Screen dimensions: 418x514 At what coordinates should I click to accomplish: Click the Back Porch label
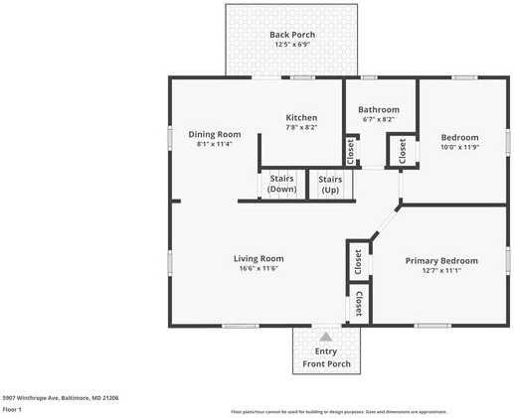(292, 35)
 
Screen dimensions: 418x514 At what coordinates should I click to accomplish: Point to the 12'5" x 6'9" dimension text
(292, 45)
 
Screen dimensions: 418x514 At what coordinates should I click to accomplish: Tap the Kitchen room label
(301, 117)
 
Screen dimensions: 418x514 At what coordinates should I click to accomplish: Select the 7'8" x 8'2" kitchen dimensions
(301, 127)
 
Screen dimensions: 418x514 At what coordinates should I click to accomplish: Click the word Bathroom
(378, 109)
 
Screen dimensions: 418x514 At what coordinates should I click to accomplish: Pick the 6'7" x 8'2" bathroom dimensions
(378, 119)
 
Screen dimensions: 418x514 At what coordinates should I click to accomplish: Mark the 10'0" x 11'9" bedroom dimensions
(459, 147)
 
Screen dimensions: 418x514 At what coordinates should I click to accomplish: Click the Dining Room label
(215, 134)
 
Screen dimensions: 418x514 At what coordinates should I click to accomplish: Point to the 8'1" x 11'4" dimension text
(215, 144)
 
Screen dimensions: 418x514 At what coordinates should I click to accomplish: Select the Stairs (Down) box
(282, 184)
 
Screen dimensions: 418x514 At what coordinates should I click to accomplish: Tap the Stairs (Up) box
(330, 184)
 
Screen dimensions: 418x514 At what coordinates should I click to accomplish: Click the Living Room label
(257, 258)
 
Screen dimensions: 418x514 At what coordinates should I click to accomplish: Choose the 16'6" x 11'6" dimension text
(257, 268)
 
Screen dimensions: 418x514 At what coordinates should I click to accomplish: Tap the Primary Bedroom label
(440, 260)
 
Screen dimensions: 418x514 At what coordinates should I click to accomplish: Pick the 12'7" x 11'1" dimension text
(440, 270)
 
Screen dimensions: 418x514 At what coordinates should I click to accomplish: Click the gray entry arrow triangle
(325, 338)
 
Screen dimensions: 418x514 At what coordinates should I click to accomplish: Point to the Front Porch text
(326, 364)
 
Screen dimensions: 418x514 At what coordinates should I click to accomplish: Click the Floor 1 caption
(12, 409)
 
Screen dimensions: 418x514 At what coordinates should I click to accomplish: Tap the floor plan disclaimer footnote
(339, 411)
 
